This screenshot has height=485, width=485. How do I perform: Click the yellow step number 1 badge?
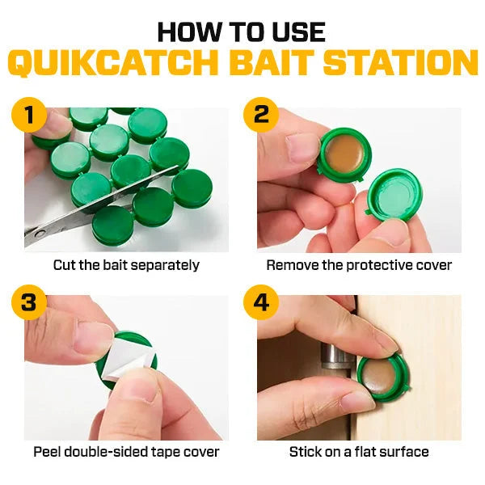pyautogui.click(x=29, y=115)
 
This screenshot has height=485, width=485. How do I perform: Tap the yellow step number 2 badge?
pyautogui.click(x=261, y=115)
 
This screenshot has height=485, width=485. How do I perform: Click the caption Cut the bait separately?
pyautogui.click(x=126, y=264)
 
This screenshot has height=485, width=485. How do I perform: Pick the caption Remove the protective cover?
pyautogui.click(x=359, y=264)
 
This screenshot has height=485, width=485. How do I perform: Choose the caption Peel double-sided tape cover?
pyautogui.click(x=126, y=452)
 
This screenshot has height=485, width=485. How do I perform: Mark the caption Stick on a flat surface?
pyautogui.click(x=359, y=452)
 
